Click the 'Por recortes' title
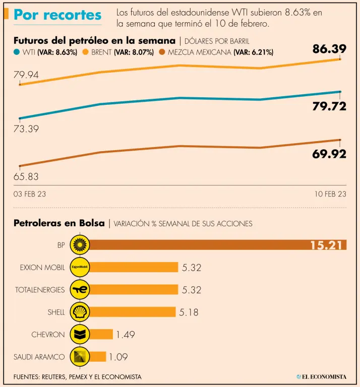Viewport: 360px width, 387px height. (57, 15)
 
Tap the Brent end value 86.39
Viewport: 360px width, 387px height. (329, 49)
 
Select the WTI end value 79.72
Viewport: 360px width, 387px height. (329, 107)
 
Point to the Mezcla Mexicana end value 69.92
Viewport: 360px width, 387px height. (329, 154)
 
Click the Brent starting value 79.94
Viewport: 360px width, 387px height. (26, 75)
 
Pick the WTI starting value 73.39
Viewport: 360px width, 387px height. (26, 129)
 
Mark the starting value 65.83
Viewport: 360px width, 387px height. (26, 176)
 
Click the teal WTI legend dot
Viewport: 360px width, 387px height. (17, 52)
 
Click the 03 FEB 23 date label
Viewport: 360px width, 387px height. (29, 194)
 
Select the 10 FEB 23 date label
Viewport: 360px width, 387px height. (330, 194)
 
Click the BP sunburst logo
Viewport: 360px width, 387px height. (80, 245)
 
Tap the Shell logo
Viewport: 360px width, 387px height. (80, 312)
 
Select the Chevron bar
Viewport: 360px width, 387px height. (101, 334)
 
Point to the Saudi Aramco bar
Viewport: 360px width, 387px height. (98, 356)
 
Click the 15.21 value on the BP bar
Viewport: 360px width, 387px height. (327, 245)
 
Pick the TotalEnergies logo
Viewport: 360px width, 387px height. (80, 290)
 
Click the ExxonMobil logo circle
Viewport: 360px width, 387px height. (80, 268)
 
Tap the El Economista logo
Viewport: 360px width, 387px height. (321, 376)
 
